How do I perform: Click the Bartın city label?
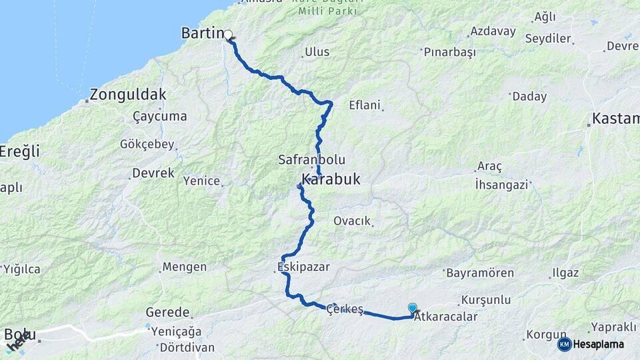pyautogui.click(x=202, y=33)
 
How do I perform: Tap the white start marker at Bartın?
pyautogui.click(x=228, y=35)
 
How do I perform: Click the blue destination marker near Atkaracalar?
pyautogui.click(x=413, y=308)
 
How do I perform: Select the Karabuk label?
pyautogui.click(x=331, y=179)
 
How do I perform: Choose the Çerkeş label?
pyautogui.click(x=345, y=309)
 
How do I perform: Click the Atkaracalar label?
pyautogui.click(x=446, y=317)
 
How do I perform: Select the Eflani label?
pyautogui.click(x=365, y=105)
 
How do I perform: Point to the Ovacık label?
pyautogui.click(x=352, y=221)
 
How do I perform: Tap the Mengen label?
pyautogui.click(x=185, y=267)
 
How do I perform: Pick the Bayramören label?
pyautogui.click(x=480, y=273)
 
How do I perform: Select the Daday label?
pyautogui.click(x=529, y=96)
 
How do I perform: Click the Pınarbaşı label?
pyautogui.click(x=448, y=51)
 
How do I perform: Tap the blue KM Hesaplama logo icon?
pyautogui.click(x=565, y=344)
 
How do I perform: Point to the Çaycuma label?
pyautogui.click(x=160, y=116)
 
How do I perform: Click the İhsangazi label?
pyautogui.click(x=501, y=185)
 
